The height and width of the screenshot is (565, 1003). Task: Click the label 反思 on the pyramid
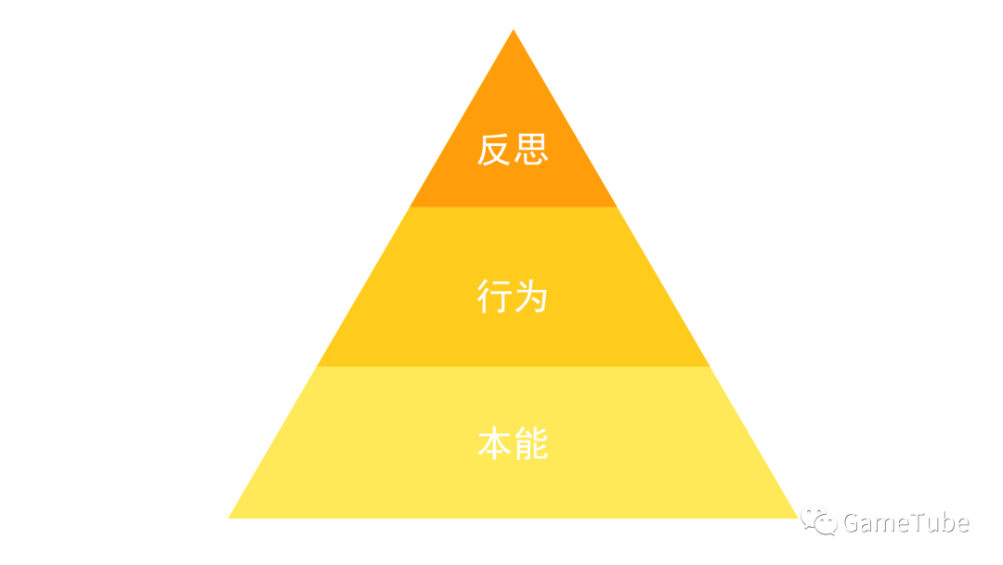(x=513, y=150)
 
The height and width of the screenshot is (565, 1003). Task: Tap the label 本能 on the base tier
(x=513, y=444)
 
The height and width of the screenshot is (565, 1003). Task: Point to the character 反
(x=495, y=150)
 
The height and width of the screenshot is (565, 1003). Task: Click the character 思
(x=531, y=150)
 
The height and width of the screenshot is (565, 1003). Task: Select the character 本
(x=495, y=444)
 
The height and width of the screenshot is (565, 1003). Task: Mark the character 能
(x=531, y=444)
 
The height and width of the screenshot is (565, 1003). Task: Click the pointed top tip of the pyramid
(x=514, y=32)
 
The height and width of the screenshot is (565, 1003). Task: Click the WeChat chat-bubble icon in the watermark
(x=819, y=521)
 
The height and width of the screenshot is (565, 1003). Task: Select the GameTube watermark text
(x=905, y=523)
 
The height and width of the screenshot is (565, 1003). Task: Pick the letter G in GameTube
(x=853, y=523)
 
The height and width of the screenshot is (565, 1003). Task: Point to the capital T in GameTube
(x=922, y=523)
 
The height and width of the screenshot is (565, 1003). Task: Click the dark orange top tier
(x=513, y=102)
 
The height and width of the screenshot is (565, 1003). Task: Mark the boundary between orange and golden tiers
(x=513, y=206)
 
